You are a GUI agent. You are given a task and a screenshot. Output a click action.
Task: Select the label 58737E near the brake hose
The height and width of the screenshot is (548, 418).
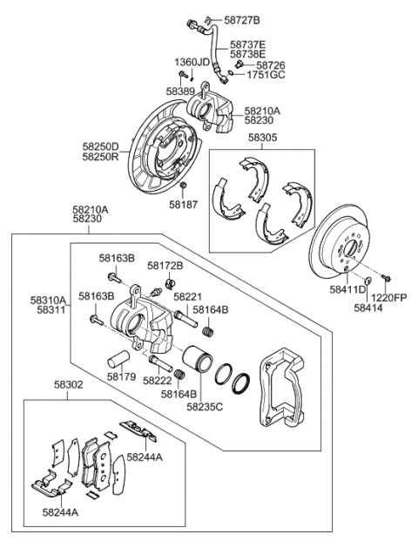248,44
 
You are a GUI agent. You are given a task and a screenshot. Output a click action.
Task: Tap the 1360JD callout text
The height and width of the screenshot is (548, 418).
192,63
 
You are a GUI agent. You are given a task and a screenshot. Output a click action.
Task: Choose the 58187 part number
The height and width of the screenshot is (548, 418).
185,206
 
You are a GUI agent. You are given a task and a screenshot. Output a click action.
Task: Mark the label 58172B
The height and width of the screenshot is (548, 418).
165,265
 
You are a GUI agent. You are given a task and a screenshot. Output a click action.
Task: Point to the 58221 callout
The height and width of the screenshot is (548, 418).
188,296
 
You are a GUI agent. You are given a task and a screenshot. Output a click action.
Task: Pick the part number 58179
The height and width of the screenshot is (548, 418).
122,377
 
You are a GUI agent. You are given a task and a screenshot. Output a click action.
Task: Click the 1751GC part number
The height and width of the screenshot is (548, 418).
264,75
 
